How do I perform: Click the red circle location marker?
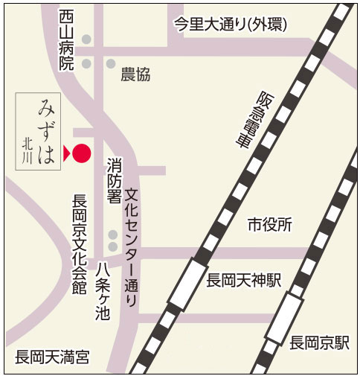(x=82, y=153)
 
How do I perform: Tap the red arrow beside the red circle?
(x=66, y=153)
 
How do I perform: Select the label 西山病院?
(x=68, y=40)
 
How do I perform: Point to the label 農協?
(x=135, y=74)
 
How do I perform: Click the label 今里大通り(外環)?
(x=230, y=24)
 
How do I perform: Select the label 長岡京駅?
(x=319, y=343)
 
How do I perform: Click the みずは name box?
(x=36, y=132)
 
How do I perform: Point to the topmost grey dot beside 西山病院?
(x=87, y=39)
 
